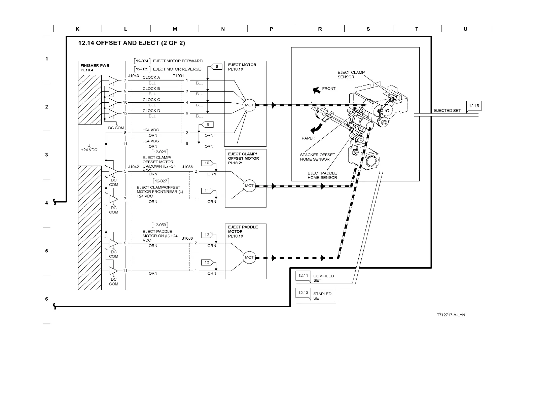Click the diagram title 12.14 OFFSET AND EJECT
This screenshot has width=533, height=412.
(131, 43)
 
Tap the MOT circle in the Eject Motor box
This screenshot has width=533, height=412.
(249, 105)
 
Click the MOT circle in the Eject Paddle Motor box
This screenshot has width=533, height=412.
(249, 257)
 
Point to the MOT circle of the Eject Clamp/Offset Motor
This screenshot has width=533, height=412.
(249, 186)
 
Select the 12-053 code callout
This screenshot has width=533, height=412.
(160, 225)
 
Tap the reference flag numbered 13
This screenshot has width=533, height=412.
(207, 262)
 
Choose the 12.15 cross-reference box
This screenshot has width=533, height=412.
(474, 106)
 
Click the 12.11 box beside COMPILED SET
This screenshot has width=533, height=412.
(303, 275)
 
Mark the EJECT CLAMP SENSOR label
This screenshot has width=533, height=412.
(351, 74)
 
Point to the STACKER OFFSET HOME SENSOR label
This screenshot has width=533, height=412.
(317, 157)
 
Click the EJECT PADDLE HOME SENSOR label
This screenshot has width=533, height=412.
(322, 175)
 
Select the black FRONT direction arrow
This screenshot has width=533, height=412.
(316, 90)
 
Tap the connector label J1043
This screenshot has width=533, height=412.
(133, 76)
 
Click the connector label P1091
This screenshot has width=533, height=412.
(178, 76)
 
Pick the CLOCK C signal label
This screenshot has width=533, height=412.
(151, 100)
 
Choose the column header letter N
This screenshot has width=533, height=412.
(223, 29)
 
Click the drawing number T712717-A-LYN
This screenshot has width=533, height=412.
(451, 315)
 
